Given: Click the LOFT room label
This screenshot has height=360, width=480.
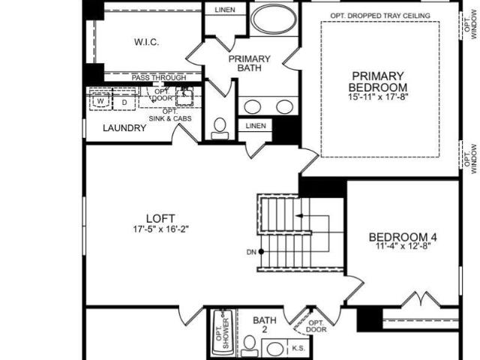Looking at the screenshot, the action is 160,218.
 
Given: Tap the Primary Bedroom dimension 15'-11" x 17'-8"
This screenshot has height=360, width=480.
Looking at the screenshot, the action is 378,97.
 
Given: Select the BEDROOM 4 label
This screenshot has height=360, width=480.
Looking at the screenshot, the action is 403,237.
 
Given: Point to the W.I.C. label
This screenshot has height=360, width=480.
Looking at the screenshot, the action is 147,42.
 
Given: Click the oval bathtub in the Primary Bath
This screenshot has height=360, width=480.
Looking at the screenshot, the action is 274,19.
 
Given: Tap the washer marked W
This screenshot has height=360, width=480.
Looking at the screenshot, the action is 100,101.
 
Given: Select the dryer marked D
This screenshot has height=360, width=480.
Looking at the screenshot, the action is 124,102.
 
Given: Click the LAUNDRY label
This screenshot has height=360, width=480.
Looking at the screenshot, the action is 124,128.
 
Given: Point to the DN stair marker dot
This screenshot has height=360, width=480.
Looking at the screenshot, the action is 261,252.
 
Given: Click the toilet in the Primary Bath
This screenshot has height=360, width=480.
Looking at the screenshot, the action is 220,129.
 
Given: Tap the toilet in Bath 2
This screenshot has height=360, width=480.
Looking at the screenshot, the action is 250,346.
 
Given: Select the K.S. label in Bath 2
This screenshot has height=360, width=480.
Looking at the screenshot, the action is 298,348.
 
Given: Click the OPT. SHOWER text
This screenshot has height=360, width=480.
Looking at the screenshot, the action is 223,334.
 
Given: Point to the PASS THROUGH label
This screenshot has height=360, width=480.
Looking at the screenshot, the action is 159,78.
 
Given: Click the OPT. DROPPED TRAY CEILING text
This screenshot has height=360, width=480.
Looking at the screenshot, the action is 380,16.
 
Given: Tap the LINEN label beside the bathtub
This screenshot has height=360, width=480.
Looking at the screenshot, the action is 225,10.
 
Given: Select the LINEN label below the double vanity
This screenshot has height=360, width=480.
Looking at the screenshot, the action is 256,126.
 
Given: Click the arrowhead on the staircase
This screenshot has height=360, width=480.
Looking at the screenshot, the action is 299,216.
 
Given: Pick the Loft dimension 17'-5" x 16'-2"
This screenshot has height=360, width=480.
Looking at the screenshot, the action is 160,229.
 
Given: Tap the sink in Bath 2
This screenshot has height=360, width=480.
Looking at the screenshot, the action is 275,349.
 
